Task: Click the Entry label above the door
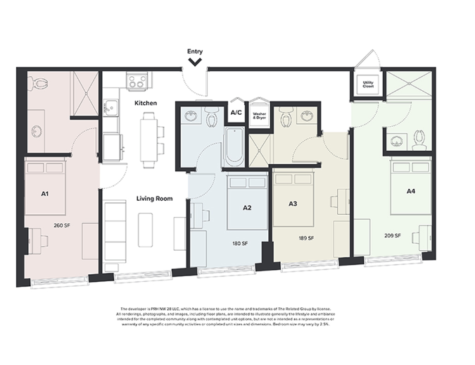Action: pyautogui.click(x=195, y=51)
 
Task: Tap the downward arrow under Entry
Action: pyautogui.click(x=195, y=62)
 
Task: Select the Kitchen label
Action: pyautogui.click(x=146, y=104)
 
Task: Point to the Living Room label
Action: pyautogui.click(x=154, y=199)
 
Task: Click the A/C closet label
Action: pyautogui.click(x=236, y=113)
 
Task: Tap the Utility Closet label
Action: pyautogui.click(x=368, y=85)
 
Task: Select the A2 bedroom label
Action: pyautogui.click(x=247, y=208)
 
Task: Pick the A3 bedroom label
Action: pyautogui.click(x=293, y=204)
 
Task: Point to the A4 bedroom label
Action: pyautogui.click(x=410, y=191)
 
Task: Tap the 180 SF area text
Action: pyautogui.click(x=241, y=244)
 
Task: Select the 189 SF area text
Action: pyautogui.click(x=306, y=238)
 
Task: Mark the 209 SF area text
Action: pyautogui.click(x=393, y=235)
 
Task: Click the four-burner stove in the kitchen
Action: pyautogui.click(x=136, y=82)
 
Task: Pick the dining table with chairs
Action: pyautogui.click(x=148, y=141)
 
